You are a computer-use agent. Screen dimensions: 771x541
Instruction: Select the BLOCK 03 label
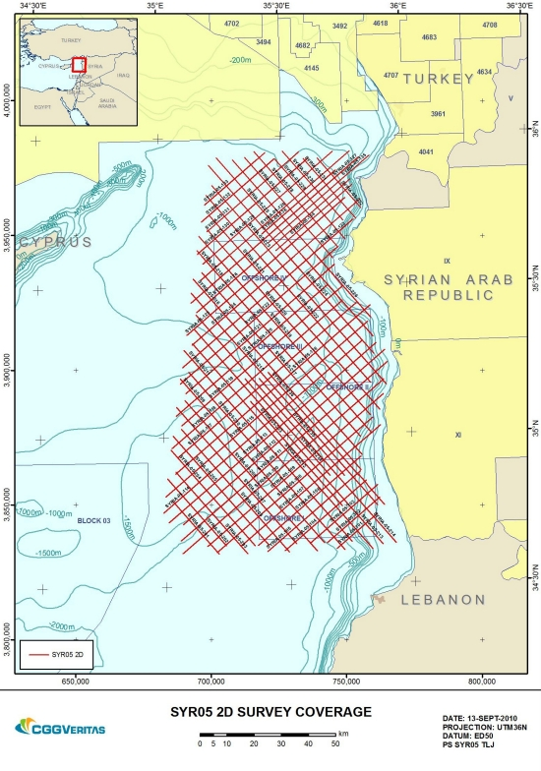pos(96,519)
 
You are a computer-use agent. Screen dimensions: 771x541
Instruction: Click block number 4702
pos(232,23)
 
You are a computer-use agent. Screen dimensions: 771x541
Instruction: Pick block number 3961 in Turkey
pos(439,114)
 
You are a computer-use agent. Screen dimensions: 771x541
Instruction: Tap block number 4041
pos(426,151)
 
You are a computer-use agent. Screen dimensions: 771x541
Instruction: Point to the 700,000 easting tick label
pos(212,681)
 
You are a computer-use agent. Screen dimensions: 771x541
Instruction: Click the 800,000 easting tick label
pos(482,681)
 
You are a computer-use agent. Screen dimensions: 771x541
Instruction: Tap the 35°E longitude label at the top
pos(155,7)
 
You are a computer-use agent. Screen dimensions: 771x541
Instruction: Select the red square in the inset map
pos(79,64)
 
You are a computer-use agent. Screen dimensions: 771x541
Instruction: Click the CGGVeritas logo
pos(59,728)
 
